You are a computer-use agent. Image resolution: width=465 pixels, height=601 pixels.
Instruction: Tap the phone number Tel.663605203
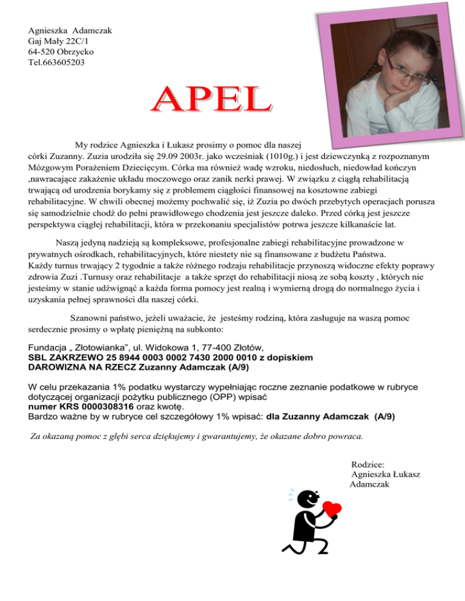(56, 62)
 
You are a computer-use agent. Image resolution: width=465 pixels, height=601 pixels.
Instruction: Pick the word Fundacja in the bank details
(48, 348)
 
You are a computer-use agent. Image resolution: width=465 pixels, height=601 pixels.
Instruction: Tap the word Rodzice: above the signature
(367, 464)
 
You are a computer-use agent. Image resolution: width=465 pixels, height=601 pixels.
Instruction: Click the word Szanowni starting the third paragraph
(90, 317)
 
